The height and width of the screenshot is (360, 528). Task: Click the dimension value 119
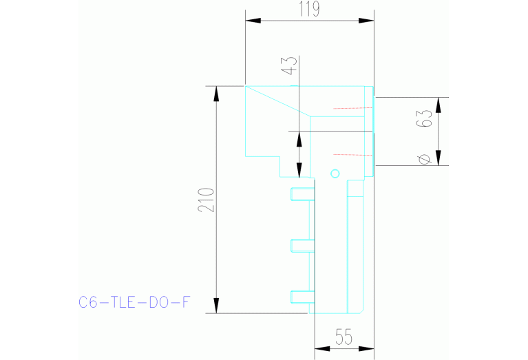coord(310,9)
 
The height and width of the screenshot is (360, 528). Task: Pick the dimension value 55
coord(344,337)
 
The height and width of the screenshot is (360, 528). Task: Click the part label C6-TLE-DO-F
coord(134,301)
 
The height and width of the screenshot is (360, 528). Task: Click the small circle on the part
coord(335,173)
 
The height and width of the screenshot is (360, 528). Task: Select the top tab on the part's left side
coord(302,193)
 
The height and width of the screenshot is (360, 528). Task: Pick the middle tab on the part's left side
coord(302,245)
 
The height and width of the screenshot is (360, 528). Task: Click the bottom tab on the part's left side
coord(302,297)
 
